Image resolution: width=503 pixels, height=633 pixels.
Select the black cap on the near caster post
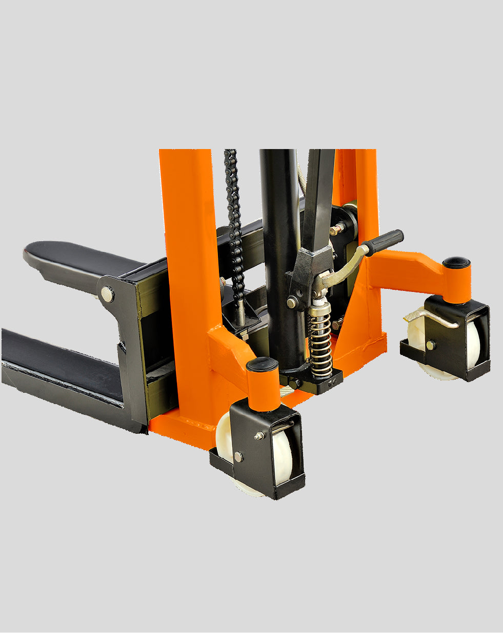[262, 365]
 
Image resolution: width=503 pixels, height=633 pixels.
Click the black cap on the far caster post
[456, 263]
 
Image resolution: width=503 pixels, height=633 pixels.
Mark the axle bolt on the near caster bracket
[238, 456]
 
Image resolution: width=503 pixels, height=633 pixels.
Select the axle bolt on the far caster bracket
[430, 345]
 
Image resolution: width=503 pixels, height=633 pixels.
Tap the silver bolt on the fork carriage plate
[107, 294]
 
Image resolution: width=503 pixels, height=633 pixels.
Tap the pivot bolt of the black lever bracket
[292, 303]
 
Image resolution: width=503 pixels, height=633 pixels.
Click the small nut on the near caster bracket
[259, 436]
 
